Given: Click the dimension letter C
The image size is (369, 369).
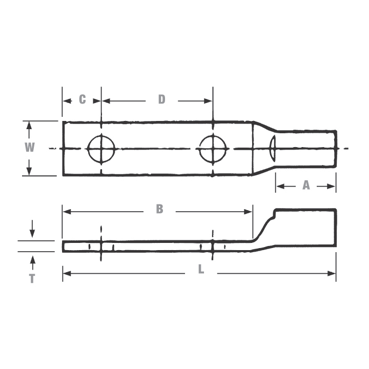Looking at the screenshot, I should click(82, 99).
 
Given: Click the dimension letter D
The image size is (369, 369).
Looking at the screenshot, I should click(161, 99).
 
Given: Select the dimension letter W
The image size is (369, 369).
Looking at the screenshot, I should click(30, 148).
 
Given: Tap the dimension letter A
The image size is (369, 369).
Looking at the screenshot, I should click(306, 186).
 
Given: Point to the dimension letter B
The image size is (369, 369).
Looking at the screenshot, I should click(159, 209).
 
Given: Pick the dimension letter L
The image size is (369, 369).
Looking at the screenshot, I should click(201, 270).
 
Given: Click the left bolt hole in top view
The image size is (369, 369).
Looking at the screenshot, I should click(101, 149).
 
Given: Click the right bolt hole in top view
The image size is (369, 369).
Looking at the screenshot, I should click(213, 149).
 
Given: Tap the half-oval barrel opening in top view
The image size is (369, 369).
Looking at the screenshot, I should click(273, 149).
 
